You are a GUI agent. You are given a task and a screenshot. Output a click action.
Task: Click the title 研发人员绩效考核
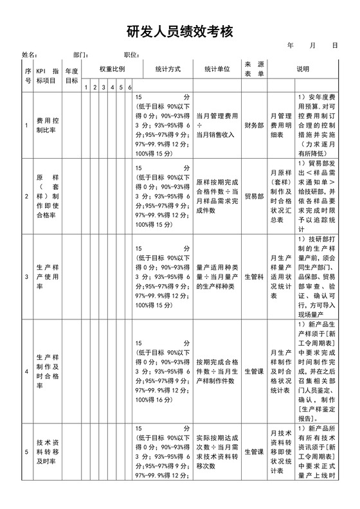point(179,31)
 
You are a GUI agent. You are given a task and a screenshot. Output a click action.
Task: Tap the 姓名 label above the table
point(29,55)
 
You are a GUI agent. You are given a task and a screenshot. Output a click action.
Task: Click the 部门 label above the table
point(80,55)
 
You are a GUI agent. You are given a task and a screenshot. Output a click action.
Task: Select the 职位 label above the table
point(132,55)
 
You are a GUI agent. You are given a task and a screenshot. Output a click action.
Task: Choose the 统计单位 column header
point(217,69)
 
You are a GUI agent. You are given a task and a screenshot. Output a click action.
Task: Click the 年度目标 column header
point(72,75)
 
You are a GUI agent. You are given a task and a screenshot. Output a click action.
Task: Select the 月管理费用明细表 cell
point(281,125)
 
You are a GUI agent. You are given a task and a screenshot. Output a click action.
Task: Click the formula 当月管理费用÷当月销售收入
point(217,125)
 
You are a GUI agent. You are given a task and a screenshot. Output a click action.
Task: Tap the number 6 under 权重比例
point(130,87)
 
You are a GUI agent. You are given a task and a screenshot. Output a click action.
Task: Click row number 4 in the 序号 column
point(26,371)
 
